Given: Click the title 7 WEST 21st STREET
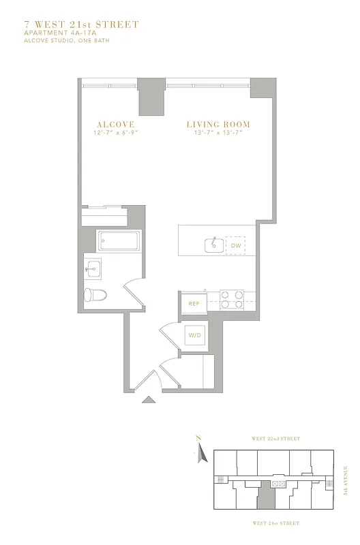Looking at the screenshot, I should tap(81, 25).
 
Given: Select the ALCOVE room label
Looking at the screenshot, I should tap(115, 125).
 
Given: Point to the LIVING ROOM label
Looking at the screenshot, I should tap(218, 125).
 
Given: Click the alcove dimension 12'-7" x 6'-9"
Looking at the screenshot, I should tap(115, 133).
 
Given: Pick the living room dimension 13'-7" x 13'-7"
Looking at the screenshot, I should tap(218, 133).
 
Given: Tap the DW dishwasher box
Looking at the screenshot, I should tap(236, 245).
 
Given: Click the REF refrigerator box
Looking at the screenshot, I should tap(194, 304).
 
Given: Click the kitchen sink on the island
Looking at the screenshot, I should tap(213, 245).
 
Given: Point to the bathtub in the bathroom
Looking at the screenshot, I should tap(119, 241).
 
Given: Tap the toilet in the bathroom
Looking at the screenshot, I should tap(95, 295).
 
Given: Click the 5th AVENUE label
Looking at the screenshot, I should tap(346, 480).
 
